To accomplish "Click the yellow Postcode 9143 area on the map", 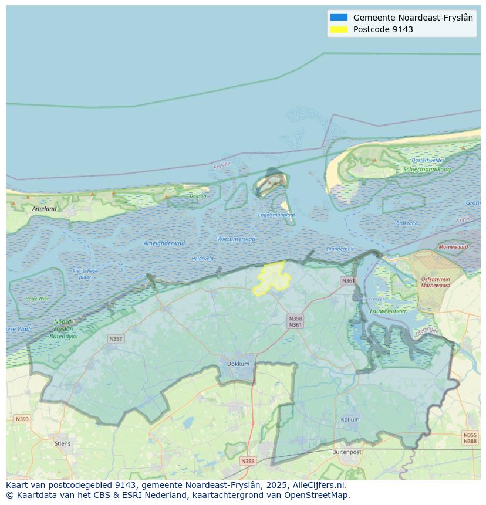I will tap(271, 279).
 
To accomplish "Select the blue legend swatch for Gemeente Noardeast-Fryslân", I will tap(339, 18).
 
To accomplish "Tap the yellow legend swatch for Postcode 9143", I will tap(339, 29).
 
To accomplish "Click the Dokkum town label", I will tap(238, 364).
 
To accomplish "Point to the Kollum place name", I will tap(350, 419).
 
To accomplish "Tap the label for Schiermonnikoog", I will tap(427, 170).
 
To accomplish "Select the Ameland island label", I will tap(45, 208).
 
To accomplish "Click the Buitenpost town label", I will tap(346, 452).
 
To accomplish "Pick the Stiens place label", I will tap(62, 443).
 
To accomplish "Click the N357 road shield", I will tap(116, 339).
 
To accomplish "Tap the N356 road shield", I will tap(248, 461).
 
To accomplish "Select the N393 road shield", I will tap(22, 419).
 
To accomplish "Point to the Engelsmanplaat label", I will tap(276, 215).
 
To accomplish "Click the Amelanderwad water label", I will tap(164, 243).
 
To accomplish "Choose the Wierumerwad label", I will tap(236, 239).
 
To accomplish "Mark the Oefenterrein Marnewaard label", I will tap(436, 282).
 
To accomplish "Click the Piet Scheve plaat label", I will tap(85, 273).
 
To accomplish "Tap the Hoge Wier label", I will tap(37, 299).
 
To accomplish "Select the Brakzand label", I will tap(407, 223).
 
